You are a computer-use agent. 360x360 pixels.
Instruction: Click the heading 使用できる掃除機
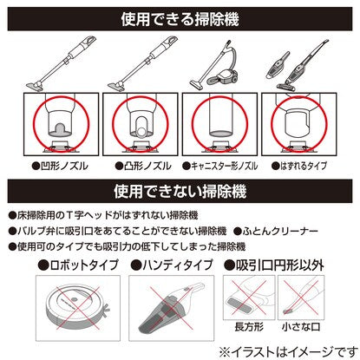tap(180, 19)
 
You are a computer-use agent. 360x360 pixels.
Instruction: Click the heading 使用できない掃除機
tap(180, 191)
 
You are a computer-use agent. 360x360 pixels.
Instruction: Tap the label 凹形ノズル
tap(61, 166)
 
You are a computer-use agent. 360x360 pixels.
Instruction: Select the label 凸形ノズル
tap(143, 166)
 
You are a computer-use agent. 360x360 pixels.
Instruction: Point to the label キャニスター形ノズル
tap(220, 166)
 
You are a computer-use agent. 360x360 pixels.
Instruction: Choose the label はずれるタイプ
tap(299, 166)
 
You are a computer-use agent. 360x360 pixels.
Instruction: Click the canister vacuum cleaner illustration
tap(214, 65)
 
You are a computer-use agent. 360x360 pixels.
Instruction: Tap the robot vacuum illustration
tap(77, 308)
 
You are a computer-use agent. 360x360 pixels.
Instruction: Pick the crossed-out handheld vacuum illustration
tap(171, 307)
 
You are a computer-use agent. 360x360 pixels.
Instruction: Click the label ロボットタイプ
tap(79, 265)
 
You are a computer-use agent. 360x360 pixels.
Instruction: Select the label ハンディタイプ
tap(172, 265)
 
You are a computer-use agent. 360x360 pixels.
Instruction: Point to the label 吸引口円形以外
tap(273, 265)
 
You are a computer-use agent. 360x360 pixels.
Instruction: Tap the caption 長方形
tap(249, 327)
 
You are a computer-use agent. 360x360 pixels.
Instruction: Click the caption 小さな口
tap(301, 327)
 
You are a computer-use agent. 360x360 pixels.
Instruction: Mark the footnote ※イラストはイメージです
tap(289, 352)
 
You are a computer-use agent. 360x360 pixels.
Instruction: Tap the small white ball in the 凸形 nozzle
tap(142, 132)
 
